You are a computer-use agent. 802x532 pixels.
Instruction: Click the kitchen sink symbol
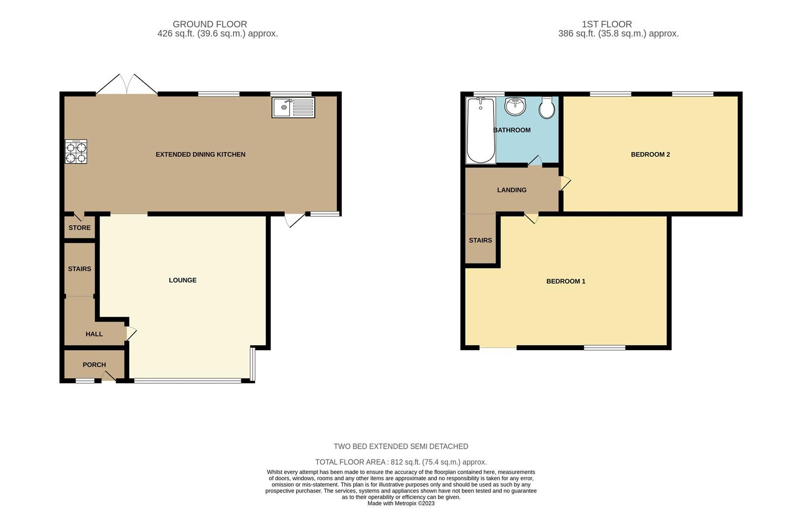point(293,107)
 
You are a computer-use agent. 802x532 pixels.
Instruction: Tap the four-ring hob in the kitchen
point(76,152)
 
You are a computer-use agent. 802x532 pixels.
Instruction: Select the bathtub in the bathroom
point(480,130)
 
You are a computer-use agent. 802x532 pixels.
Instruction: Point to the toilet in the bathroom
point(547,108)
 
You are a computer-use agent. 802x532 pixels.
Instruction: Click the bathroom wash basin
point(515,106)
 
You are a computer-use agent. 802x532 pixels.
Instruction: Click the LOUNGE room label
point(183,280)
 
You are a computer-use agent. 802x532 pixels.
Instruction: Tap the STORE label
point(79,228)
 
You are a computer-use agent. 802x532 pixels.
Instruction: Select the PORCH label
point(94,365)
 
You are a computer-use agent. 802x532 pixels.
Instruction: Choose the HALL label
point(94,334)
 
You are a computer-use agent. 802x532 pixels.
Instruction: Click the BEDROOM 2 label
point(650,154)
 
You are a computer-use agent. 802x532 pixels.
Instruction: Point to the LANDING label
point(511,190)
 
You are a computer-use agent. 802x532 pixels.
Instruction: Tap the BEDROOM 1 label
point(566,281)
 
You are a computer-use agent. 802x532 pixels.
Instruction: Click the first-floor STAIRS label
point(480,240)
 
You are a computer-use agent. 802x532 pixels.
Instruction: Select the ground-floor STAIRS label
point(79,269)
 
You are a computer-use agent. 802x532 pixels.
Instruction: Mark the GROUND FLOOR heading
point(210,24)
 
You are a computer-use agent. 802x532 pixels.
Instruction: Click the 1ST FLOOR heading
point(606,24)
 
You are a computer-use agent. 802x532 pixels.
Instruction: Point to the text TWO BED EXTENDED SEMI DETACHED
point(401,446)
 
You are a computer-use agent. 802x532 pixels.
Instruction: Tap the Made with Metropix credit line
point(401,503)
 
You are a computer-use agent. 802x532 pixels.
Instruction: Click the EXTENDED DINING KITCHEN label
point(200,154)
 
